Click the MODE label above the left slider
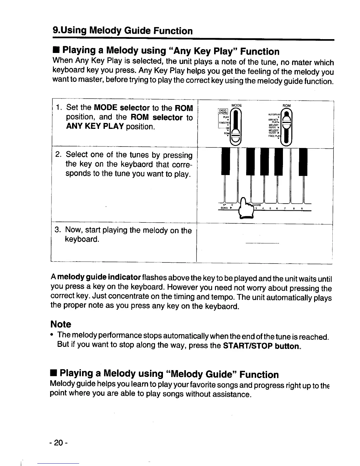click(236, 105)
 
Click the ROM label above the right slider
click(286, 106)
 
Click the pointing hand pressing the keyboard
click(246, 207)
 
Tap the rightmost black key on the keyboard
click(303, 162)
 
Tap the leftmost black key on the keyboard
click(226, 162)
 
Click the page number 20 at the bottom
click(59, 443)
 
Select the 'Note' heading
click(61, 324)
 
